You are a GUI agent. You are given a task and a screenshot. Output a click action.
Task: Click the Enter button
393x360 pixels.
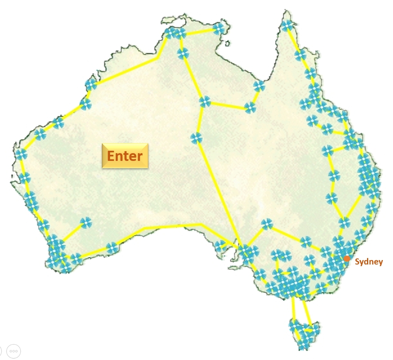(125, 156)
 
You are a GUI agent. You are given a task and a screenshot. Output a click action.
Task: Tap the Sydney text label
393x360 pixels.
(369, 262)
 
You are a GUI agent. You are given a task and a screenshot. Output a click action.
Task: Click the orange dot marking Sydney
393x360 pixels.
(347, 258)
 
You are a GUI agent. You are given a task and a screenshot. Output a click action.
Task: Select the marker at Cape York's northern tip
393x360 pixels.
(287, 25)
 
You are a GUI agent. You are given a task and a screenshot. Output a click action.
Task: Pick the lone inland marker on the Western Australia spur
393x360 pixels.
(86, 222)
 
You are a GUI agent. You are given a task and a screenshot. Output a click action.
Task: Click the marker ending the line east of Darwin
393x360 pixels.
(218, 28)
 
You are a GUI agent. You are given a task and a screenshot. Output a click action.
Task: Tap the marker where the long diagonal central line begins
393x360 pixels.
(196, 138)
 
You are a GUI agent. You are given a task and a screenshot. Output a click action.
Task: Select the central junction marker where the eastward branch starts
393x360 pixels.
(205, 102)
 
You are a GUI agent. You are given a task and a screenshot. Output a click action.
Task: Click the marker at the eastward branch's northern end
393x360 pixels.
(259, 86)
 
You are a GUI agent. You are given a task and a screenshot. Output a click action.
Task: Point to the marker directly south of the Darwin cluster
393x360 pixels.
(183, 53)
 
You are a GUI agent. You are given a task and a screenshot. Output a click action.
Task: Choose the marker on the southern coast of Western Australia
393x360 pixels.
(112, 247)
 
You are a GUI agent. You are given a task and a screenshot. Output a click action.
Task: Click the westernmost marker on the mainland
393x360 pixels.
(21, 154)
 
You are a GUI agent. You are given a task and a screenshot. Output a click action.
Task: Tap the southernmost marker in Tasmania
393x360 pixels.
(303, 345)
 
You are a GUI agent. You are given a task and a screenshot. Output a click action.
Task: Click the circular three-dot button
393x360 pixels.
(13, 351)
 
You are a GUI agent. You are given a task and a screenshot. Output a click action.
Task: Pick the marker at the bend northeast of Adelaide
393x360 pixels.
(267, 224)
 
